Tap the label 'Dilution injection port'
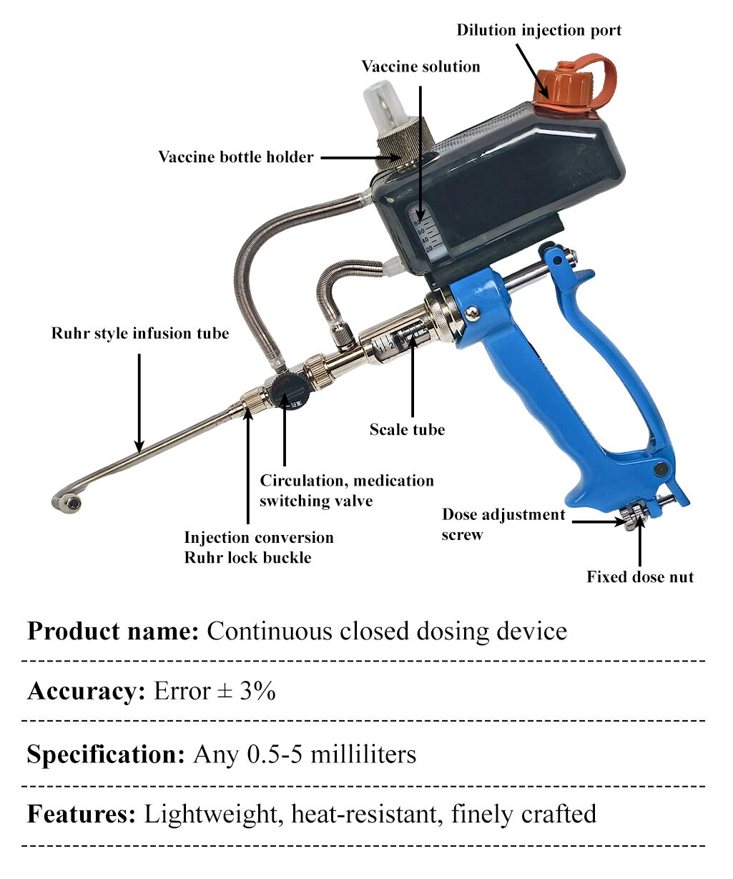(538, 30)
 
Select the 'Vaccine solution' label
(420, 67)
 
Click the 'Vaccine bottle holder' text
(236, 157)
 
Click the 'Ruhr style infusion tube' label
(140, 333)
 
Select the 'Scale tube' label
(407, 430)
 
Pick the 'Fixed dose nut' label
(640, 577)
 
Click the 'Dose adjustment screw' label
(503, 524)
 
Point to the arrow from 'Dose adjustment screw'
(597, 521)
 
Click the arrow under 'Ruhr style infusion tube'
(139, 401)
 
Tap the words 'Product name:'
(112, 632)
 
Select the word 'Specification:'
(106, 755)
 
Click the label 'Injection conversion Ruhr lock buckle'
(258, 547)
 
